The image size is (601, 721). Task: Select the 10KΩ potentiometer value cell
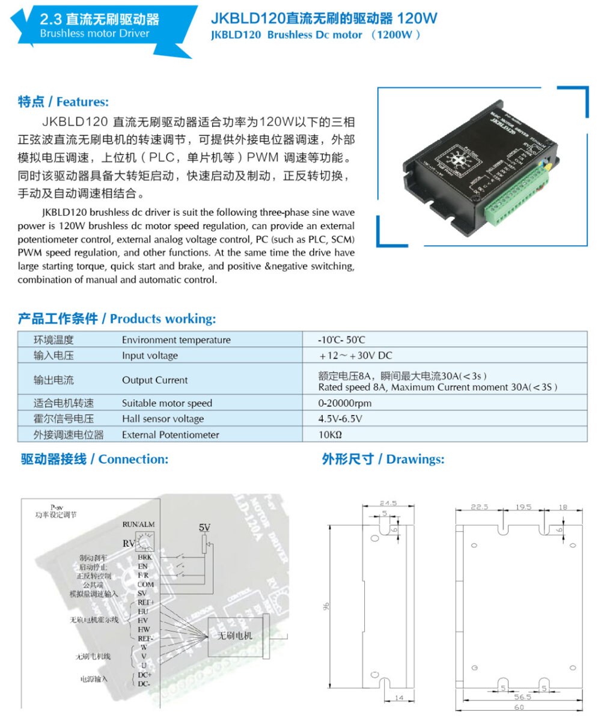pos(331,434)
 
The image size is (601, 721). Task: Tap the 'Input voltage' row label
pos(150,356)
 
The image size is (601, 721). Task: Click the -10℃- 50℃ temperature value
pos(342,340)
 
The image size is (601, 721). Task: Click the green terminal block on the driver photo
pos(518,195)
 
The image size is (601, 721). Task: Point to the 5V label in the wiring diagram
pos(205,527)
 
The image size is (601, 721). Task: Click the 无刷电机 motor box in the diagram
pos(235,636)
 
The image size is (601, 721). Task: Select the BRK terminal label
pos(144,558)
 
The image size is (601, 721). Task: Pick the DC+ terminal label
pos(144,674)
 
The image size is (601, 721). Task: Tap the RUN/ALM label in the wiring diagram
pos(138,525)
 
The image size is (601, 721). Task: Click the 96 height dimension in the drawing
pos(326,607)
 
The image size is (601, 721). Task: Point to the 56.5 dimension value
pos(522,698)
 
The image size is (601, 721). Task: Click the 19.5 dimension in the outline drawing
pos(523,507)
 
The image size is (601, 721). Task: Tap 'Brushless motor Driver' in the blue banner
pos(94,34)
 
